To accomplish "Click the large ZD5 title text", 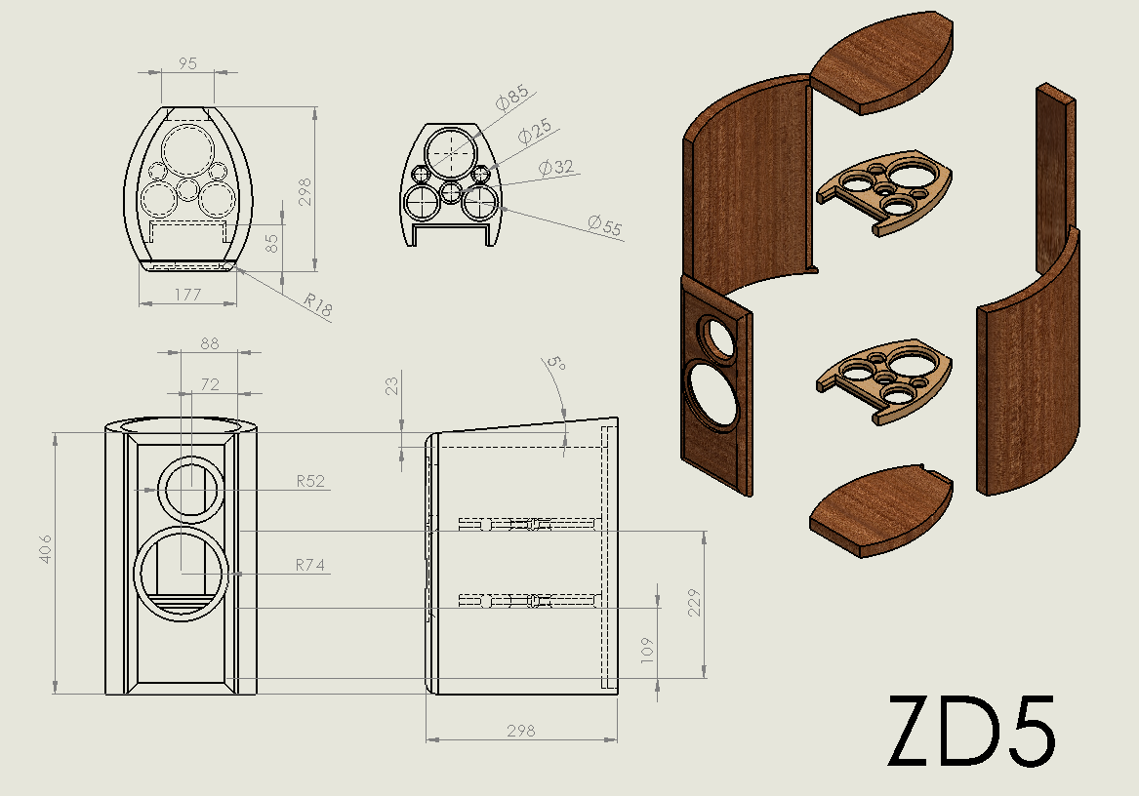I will (971, 732).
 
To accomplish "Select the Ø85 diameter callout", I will (511, 97).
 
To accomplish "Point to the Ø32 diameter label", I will (556, 167).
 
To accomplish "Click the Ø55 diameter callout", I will (605, 226).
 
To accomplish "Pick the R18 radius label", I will (317, 306).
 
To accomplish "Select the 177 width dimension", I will (187, 294).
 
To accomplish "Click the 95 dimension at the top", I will (187, 63).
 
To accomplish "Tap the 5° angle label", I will (555, 364).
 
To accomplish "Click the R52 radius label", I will (310, 481).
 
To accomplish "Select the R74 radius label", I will (310, 564).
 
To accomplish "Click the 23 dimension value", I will (391, 385).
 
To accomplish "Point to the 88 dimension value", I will (209, 342).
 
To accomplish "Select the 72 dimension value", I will (209, 384).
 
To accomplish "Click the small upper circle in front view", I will (192, 491).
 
